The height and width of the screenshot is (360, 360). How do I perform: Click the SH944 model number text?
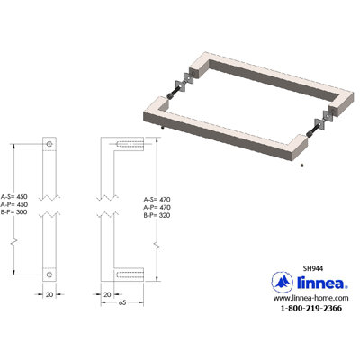point(313,268)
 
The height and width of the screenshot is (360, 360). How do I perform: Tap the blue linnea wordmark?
point(322,283)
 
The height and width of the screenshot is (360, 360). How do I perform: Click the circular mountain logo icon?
point(282,282)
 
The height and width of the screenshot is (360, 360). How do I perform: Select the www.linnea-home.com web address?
point(310,298)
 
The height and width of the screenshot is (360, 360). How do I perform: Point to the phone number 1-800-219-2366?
point(310,308)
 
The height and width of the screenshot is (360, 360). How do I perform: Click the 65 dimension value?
point(122,302)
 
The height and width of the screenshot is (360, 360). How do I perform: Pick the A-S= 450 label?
point(14,197)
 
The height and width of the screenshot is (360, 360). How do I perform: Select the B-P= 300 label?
point(14,212)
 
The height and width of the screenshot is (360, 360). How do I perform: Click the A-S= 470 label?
point(157,200)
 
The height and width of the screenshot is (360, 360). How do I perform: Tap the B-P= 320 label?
point(157,215)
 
